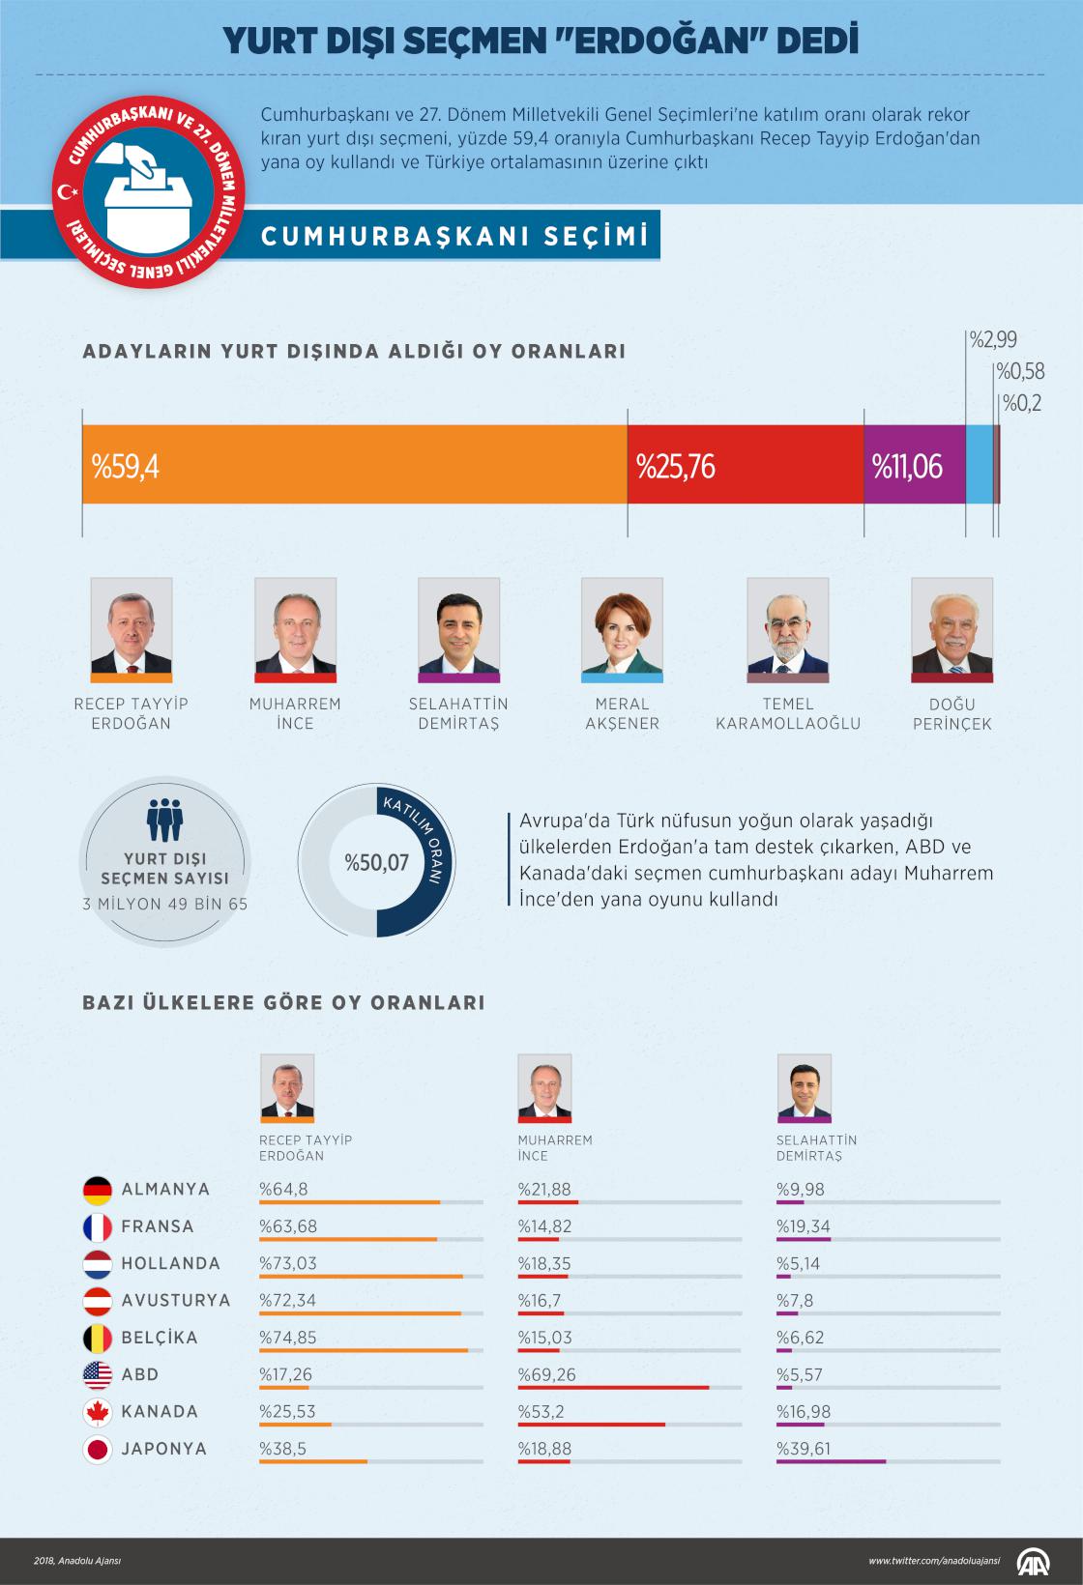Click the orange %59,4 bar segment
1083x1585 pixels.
coord(354,465)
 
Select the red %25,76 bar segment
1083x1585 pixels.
coord(745,465)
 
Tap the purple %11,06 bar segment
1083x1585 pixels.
coord(914,465)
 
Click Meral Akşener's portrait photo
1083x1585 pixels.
coord(622,625)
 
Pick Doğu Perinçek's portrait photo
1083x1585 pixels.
coord(951,625)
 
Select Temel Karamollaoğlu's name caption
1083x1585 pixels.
coord(787,713)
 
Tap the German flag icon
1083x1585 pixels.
coord(98,1190)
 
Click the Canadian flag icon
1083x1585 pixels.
coord(98,1412)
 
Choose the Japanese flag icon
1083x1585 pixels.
coord(98,1450)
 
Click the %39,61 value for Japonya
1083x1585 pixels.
coord(803,1449)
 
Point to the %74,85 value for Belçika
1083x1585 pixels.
coord(287,1338)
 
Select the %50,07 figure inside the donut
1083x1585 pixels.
coord(377,862)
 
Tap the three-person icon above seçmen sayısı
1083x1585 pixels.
coord(164,819)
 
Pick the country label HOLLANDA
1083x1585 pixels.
coord(170,1264)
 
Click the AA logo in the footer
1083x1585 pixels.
coord(1035,1561)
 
